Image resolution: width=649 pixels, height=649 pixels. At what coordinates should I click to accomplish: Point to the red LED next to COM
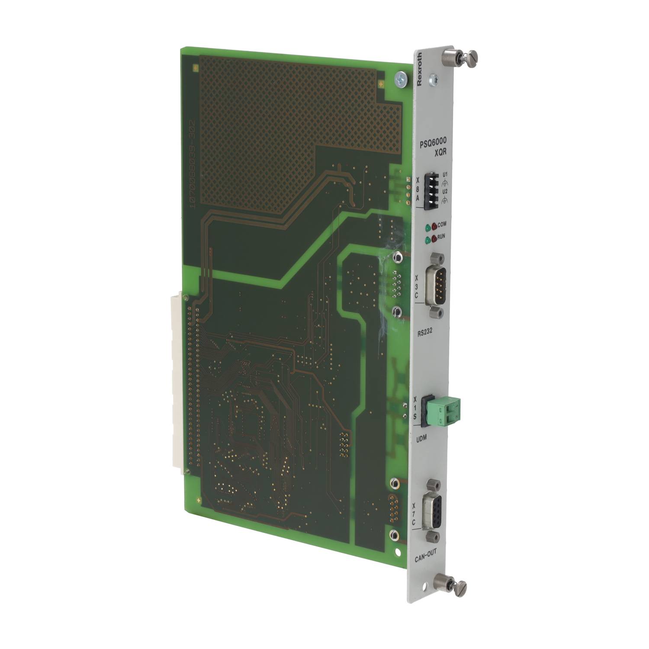[x=434, y=225]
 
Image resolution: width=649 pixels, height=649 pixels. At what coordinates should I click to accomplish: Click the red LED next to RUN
[x=434, y=238]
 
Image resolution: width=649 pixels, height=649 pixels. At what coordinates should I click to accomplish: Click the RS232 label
[x=426, y=333]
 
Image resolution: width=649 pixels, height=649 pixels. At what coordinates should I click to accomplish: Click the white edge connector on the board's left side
[x=178, y=381]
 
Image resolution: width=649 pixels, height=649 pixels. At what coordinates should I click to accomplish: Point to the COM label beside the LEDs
[x=442, y=225]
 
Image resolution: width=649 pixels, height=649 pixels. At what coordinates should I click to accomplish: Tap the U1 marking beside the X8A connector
[x=444, y=175]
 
